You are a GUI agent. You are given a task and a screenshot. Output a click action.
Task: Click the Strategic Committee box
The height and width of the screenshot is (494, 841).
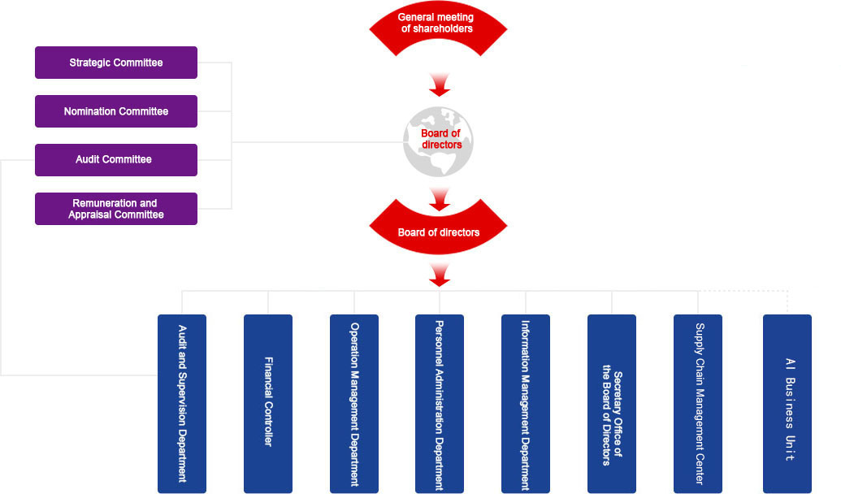116,63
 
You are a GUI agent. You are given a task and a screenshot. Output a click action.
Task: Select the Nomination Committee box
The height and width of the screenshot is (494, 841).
116,111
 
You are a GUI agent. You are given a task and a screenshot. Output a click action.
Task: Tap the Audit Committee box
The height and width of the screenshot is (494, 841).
116,160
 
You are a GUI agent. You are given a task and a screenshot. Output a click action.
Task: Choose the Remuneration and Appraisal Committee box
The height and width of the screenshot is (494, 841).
116,209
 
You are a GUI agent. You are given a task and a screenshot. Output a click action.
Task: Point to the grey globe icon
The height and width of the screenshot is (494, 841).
438,141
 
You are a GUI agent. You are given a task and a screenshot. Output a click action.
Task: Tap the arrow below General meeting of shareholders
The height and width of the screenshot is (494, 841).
440,84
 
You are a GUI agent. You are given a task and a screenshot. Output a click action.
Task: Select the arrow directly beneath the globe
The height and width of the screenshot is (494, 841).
440,199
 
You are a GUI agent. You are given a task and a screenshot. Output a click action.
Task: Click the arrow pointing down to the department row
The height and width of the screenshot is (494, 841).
440,275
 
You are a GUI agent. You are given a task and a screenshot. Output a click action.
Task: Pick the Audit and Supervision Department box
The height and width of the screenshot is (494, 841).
182,403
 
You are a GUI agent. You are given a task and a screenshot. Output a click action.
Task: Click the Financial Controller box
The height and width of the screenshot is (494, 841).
268,403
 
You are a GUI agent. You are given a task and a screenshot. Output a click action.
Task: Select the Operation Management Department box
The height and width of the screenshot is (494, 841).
354,403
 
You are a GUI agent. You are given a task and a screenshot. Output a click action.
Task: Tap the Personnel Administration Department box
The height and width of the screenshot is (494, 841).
440,403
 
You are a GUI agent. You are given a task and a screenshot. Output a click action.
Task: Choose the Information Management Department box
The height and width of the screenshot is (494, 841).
526,403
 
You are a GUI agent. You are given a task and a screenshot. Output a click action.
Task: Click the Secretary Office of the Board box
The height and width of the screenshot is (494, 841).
612,403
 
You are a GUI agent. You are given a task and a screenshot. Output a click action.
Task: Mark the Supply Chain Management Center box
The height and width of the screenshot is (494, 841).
698,403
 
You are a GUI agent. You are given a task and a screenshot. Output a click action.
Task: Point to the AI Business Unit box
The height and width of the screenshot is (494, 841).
787,403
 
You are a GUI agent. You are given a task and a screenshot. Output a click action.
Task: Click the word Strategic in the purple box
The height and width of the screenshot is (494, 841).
89,63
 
